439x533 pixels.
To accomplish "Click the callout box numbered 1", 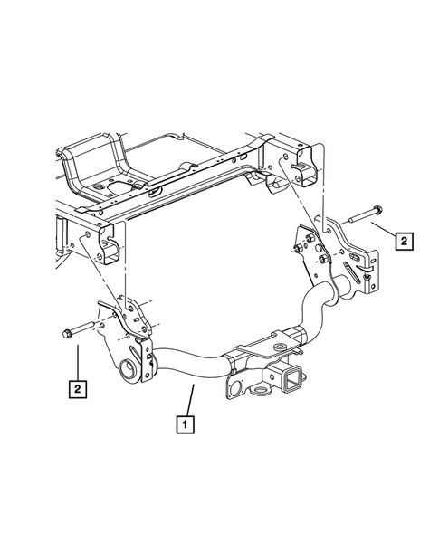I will (x=184, y=423).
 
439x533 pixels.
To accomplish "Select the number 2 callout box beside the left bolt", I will (x=80, y=388).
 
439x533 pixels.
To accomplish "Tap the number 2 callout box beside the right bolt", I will (x=403, y=241).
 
